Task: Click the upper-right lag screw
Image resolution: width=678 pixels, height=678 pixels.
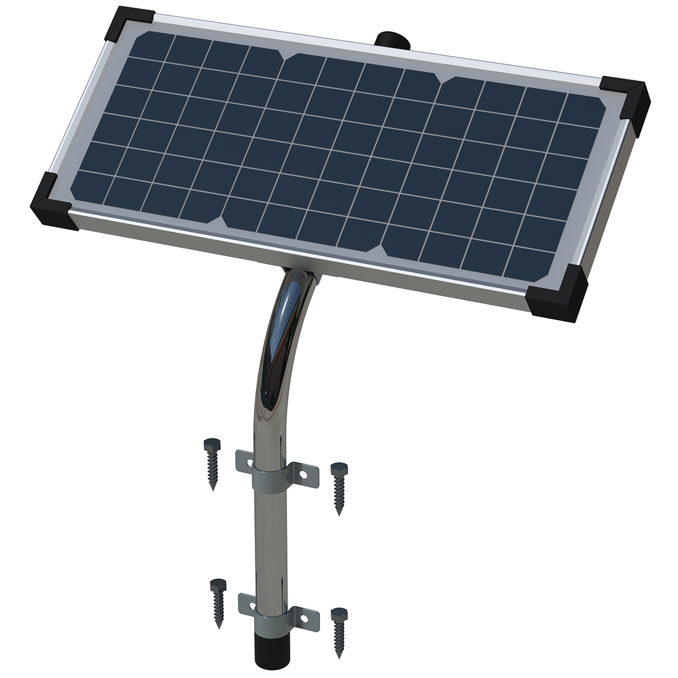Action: pos(338,487)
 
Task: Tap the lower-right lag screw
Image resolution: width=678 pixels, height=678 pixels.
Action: pos(339,631)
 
